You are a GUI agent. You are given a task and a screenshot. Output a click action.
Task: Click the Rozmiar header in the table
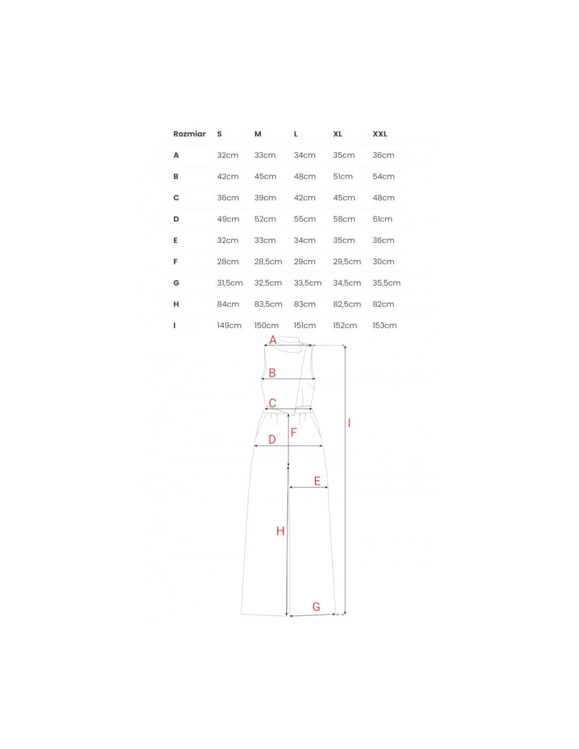pyautogui.click(x=189, y=134)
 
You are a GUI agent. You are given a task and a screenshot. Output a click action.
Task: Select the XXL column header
pyautogui.click(x=380, y=134)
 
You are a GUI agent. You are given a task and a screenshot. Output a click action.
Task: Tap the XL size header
pyautogui.click(x=337, y=134)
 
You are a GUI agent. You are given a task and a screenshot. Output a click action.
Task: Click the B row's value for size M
pyautogui.click(x=265, y=176)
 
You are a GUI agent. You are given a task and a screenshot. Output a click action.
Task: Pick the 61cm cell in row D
pyautogui.click(x=382, y=219)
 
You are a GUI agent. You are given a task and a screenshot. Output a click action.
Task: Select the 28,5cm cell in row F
pyautogui.click(x=268, y=262)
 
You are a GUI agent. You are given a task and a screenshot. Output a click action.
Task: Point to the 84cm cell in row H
pyautogui.click(x=228, y=304)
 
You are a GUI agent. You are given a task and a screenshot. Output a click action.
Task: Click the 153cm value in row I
pyautogui.click(x=384, y=326)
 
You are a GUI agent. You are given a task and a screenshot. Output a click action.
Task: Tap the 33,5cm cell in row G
pyautogui.click(x=307, y=283)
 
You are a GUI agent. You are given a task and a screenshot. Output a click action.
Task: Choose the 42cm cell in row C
pyautogui.click(x=304, y=198)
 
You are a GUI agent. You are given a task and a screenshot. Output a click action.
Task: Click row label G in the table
pyautogui.click(x=176, y=283)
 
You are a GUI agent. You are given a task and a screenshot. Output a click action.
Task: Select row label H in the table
pyautogui.click(x=176, y=304)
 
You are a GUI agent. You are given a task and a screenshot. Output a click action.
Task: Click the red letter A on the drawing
pyautogui.click(x=273, y=340)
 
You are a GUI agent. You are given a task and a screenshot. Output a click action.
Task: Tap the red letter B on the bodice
pyautogui.click(x=272, y=373)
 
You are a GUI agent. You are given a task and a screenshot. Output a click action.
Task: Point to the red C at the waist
pyautogui.click(x=272, y=403)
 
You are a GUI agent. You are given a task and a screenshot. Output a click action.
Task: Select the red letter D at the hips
pyautogui.click(x=272, y=439)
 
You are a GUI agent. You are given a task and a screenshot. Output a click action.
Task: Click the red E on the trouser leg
pyautogui.click(x=317, y=481)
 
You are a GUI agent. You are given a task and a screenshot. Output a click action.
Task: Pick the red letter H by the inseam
pyautogui.click(x=281, y=531)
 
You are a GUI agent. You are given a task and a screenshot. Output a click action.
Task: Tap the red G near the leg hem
pyautogui.click(x=316, y=607)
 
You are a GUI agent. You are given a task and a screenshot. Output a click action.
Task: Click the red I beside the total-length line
pyautogui.click(x=349, y=423)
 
